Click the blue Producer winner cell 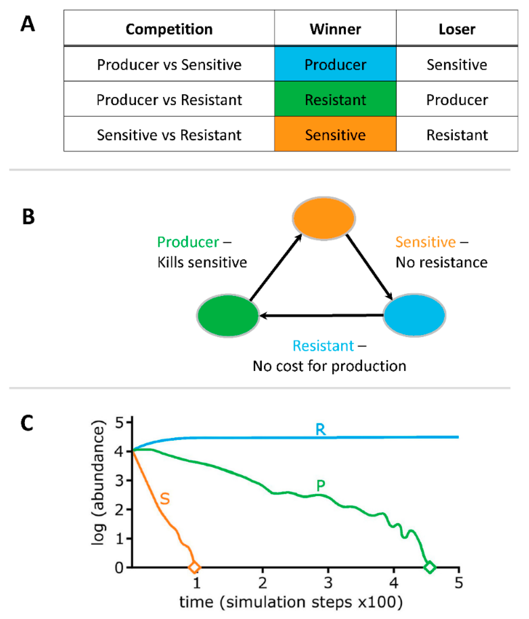[x=335, y=64]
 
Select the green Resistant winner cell [x=335, y=99]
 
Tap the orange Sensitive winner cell [x=335, y=134]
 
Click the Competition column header [x=169, y=29]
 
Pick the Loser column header [x=457, y=29]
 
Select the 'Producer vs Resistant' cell [x=169, y=99]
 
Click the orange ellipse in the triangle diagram [x=324, y=218]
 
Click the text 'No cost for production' [x=329, y=366]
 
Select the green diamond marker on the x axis [x=430, y=567]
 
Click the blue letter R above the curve [x=320, y=430]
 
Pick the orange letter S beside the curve [x=165, y=499]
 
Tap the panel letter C [x=27, y=423]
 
